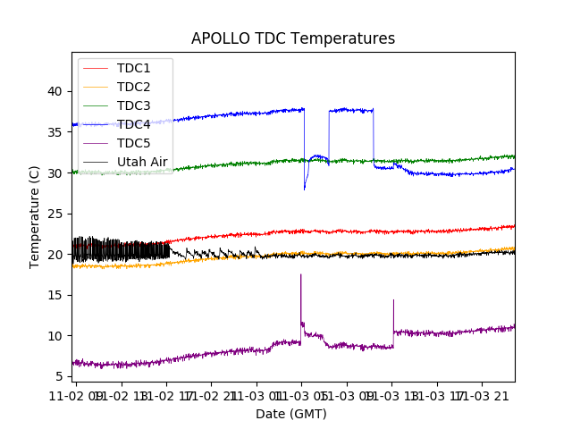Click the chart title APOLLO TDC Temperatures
[x=293, y=39]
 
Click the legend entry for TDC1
[x=133, y=68]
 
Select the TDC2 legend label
[x=133, y=87]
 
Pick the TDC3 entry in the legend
[x=133, y=105]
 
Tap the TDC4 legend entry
[x=133, y=124]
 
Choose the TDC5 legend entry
[x=133, y=143]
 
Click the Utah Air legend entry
[x=141, y=162]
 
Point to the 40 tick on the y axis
[x=55, y=91]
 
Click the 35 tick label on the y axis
[x=55, y=132]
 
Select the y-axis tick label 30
[x=55, y=172]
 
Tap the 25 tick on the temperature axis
[x=55, y=214]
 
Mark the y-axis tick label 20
[x=55, y=255]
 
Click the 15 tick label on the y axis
[x=55, y=295]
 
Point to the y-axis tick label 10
[x=55, y=336]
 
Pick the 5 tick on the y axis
[x=59, y=376]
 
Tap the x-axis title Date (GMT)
[x=291, y=414]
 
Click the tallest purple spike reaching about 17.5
[x=300, y=275]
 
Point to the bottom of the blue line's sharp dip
[x=305, y=189]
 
